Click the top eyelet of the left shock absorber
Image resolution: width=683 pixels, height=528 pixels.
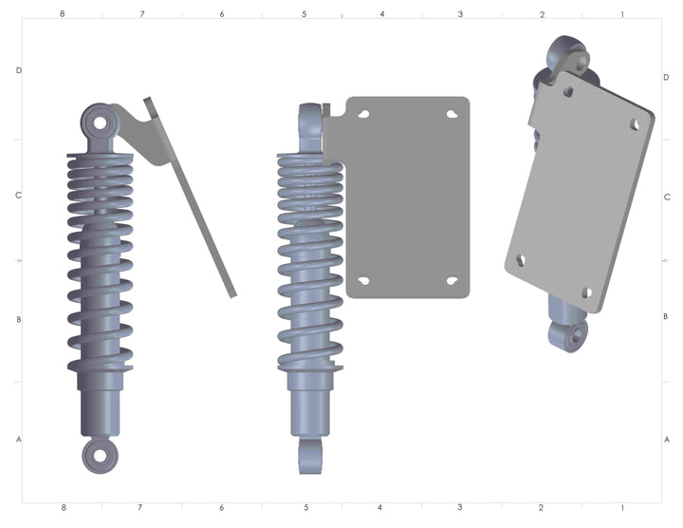[x=99, y=123]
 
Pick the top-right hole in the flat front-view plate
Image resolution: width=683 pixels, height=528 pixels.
[x=453, y=113]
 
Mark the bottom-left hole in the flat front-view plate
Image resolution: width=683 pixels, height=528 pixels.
[x=363, y=281]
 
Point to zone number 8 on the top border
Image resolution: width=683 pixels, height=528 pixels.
[x=63, y=15]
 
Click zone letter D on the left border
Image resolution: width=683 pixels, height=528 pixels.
[x=18, y=71]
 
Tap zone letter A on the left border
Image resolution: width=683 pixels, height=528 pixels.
[x=18, y=440]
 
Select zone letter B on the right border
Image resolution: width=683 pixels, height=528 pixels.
[x=667, y=317]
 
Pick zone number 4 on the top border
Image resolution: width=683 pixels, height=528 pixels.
[x=382, y=15]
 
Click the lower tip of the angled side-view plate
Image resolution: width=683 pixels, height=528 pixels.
[x=231, y=294]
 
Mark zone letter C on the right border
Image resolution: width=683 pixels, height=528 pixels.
[x=667, y=198]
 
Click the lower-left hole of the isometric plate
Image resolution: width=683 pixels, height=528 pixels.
[x=521, y=257]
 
